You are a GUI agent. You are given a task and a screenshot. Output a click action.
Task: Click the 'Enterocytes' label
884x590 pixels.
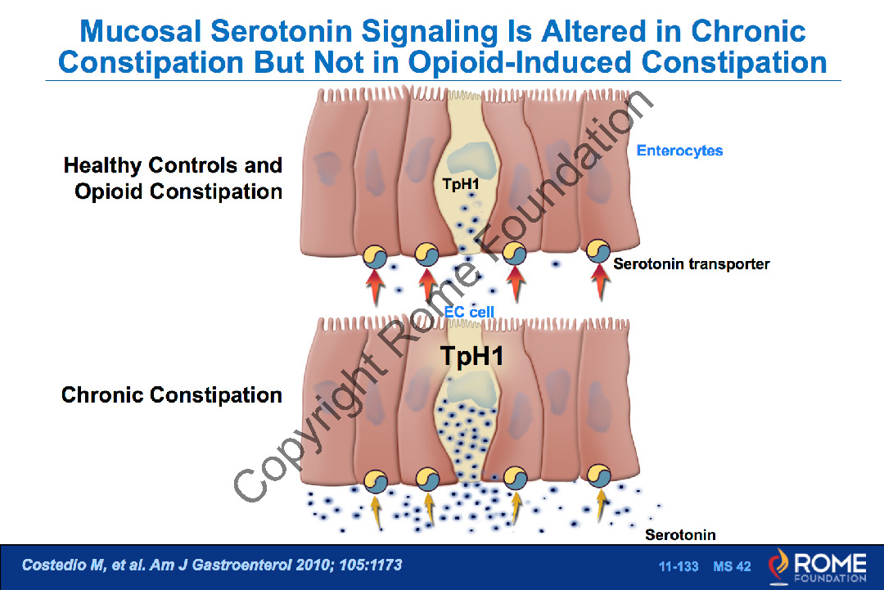(679, 151)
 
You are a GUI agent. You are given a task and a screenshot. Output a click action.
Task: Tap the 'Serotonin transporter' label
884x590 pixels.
(691, 264)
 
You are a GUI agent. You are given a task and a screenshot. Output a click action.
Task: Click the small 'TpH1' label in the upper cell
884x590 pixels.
(461, 184)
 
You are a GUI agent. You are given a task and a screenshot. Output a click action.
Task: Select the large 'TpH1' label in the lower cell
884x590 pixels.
(471, 357)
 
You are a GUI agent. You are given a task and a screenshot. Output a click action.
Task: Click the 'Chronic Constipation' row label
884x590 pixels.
(172, 395)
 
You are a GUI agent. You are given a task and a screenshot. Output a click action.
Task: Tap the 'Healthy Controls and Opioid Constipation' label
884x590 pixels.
(174, 178)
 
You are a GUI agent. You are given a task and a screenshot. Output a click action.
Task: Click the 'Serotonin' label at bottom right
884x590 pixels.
(680, 535)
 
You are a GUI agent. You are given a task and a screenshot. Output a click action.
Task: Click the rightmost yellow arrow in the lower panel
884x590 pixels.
(602, 507)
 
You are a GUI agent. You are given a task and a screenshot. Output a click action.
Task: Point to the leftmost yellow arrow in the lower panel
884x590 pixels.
(376, 508)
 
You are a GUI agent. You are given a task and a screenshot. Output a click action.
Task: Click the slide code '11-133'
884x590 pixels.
(679, 567)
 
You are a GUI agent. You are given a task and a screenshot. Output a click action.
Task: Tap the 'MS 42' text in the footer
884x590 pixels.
(732, 567)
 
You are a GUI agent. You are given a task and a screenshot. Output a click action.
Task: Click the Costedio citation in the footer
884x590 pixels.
(212, 565)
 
